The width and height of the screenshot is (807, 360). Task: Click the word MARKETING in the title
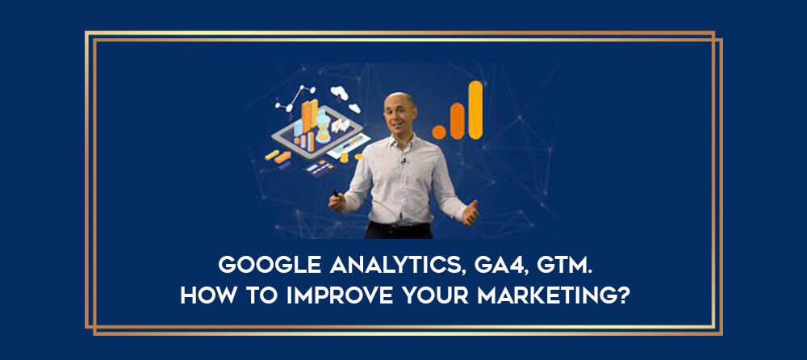click(546, 295)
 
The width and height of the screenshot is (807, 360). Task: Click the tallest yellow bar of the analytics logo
click(475, 110)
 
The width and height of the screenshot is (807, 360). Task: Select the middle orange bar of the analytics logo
click(457, 121)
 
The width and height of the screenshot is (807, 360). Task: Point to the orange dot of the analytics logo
click(439, 132)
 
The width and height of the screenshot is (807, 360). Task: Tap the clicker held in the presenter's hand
click(336, 194)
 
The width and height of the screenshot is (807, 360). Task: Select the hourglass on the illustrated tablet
click(324, 128)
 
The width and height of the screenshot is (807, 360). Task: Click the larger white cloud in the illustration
click(340, 93)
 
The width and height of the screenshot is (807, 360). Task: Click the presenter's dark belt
click(399, 225)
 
